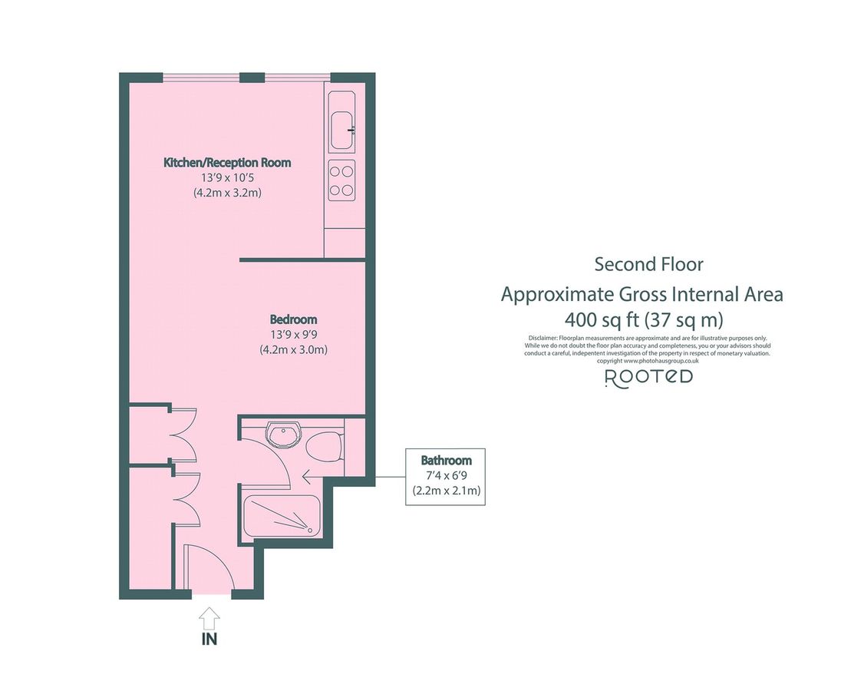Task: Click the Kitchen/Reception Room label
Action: [227, 163]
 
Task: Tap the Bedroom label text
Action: [293, 319]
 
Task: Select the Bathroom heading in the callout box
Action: [447, 460]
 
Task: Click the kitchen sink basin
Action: [341, 131]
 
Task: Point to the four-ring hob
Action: [341, 180]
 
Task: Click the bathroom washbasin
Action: [282, 435]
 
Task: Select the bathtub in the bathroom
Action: [282, 516]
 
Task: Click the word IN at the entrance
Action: [209, 639]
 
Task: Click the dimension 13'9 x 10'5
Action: [227, 178]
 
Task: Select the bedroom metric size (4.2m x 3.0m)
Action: [293, 349]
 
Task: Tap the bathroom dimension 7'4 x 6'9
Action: [447, 474]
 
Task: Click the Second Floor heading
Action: [648, 264]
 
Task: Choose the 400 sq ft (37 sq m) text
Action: [644, 319]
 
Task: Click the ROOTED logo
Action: [648, 378]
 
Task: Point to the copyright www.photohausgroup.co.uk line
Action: [648, 361]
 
